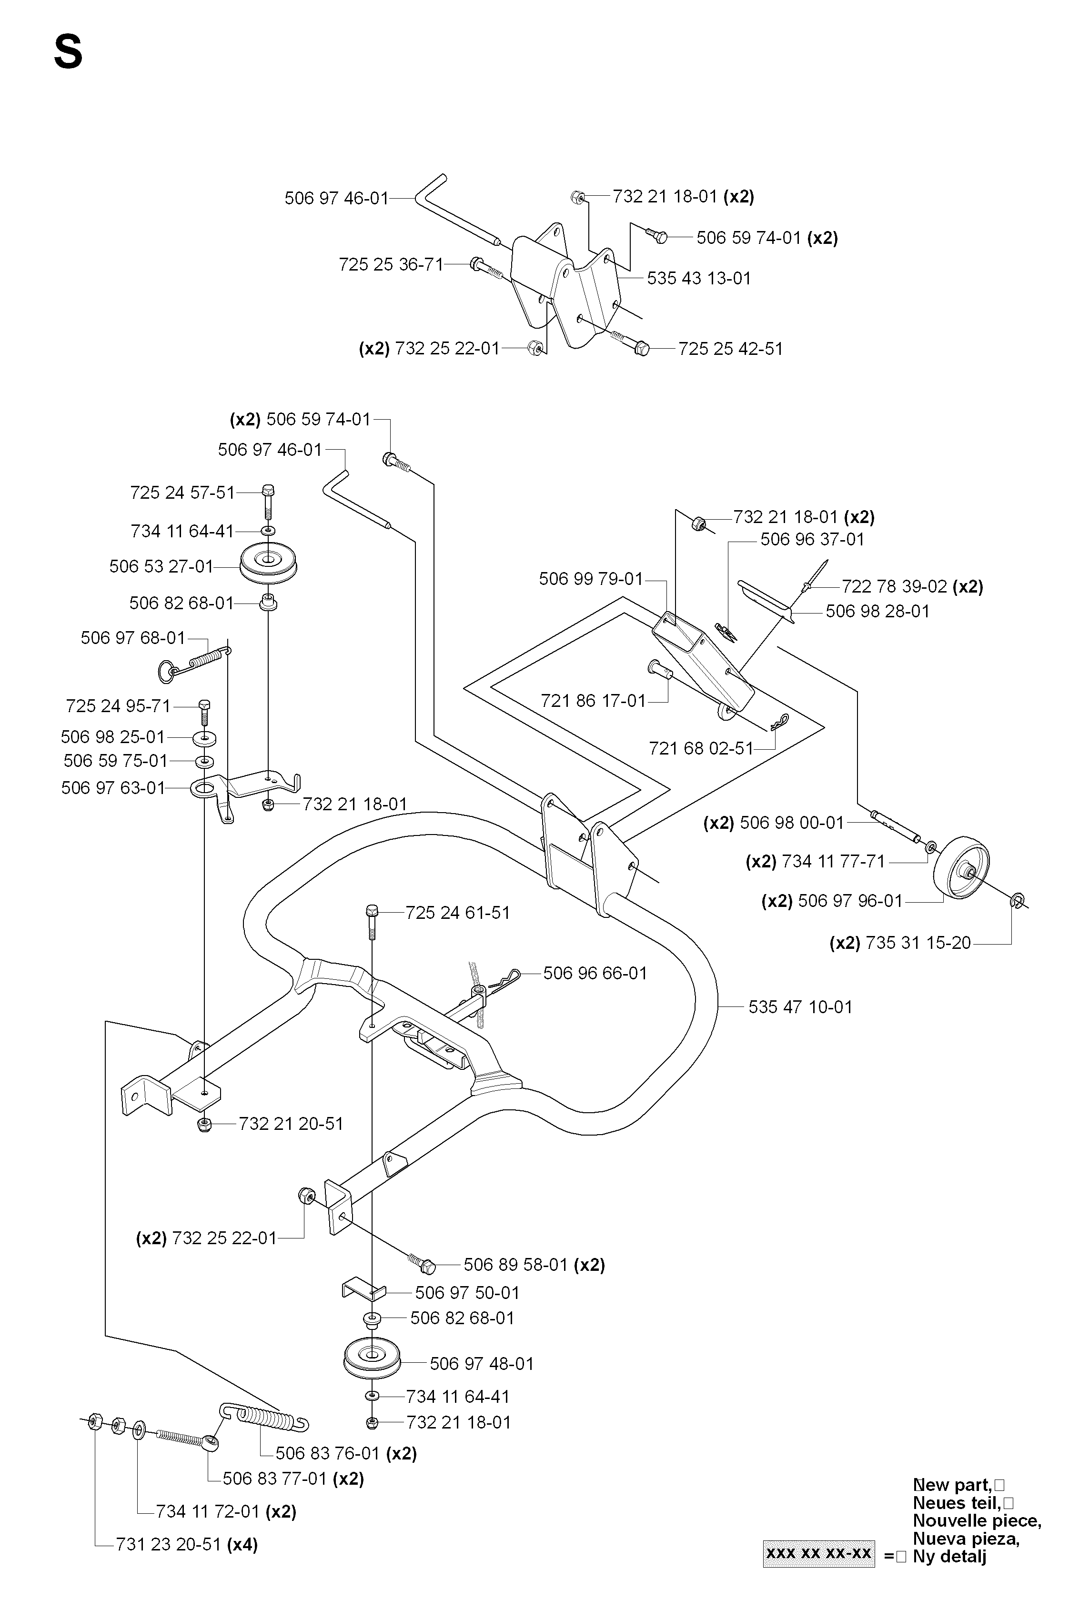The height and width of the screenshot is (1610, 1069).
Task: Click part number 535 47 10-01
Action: point(800,1007)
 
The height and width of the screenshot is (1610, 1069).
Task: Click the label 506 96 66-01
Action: point(595,973)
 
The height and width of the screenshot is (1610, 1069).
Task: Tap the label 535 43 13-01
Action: point(699,278)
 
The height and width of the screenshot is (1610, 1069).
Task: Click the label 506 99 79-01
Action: point(591,579)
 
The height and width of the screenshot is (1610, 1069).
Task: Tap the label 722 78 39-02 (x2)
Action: point(913,586)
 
